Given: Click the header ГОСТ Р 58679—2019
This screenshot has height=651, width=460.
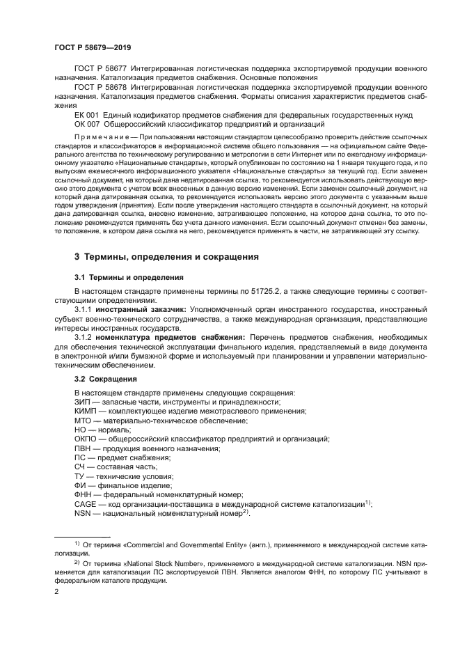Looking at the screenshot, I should pyautogui.click(x=93, y=48).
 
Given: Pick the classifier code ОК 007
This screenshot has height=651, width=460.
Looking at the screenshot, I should pyautogui.click(x=87, y=123).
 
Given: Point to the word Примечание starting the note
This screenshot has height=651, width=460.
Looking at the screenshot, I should pyautogui.click(x=101, y=136).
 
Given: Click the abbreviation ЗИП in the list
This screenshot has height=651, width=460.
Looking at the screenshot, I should pyautogui.click(x=83, y=402).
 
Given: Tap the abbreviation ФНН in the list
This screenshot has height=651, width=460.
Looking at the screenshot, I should pyautogui.click(x=84, y=494).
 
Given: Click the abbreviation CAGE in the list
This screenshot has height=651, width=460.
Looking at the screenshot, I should pyautogui.click(x=86, y=503).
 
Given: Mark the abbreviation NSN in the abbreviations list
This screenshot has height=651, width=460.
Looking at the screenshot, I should pyautogui.click(x=84, y=513).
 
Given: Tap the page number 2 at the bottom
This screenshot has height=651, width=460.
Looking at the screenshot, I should pyautogui.click(x=57, y=592).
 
